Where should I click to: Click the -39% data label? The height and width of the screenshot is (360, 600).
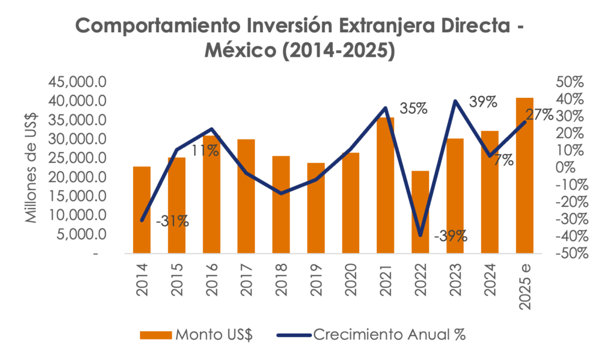point(451,236)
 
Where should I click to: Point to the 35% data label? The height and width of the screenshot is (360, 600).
point(414,108)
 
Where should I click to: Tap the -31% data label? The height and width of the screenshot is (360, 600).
point(172,221)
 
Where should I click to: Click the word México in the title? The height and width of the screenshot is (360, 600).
point(238,50)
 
